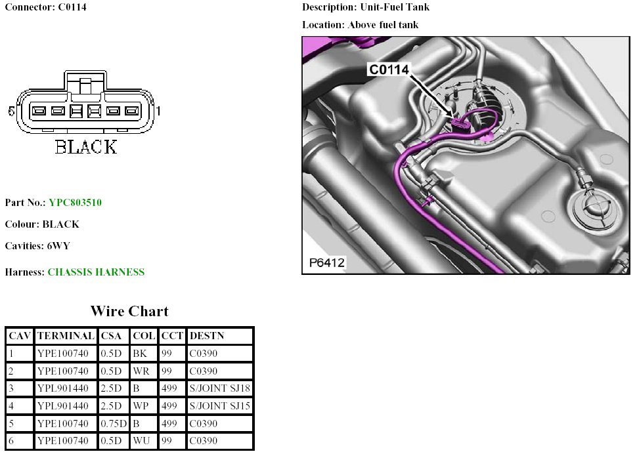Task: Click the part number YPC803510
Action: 75,203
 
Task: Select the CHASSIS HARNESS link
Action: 96,272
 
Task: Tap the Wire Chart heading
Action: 129,311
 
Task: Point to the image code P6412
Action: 327,264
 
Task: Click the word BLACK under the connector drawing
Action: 86,147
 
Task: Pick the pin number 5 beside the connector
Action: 11,112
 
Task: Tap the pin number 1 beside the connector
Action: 159,112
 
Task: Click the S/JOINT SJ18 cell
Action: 219,388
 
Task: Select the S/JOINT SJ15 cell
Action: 219,406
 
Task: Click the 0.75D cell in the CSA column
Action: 114,424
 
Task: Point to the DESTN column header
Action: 206,336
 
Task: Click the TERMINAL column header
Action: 66,336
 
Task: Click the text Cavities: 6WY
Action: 37,246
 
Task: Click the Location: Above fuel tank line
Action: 360,25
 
